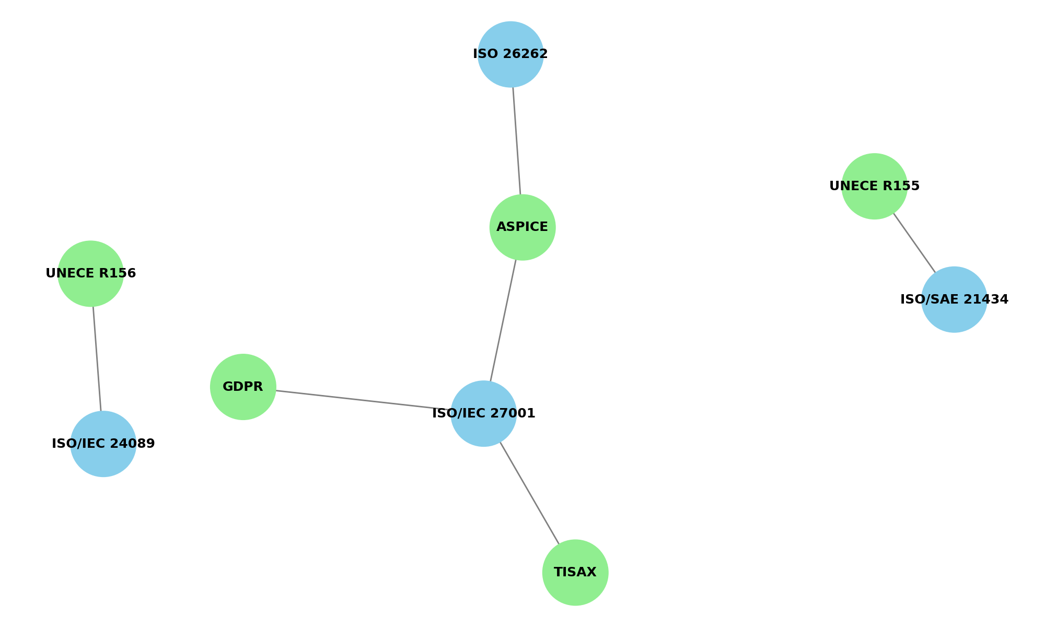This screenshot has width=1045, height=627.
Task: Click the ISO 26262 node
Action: tap(510, 54)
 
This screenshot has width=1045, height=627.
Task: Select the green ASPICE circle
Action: tap(522, 227)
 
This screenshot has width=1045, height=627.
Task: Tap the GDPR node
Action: tap(243, 387)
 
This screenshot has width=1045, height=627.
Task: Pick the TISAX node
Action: tap(575, 573)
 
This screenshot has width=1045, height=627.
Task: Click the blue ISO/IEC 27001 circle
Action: tap(483, 414)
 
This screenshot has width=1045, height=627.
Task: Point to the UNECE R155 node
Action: tap(875, 186)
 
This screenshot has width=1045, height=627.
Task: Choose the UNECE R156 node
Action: tap(90, 273)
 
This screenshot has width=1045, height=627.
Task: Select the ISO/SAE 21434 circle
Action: tap(954, 299)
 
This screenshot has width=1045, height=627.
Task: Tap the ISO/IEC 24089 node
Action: tap(103, 444)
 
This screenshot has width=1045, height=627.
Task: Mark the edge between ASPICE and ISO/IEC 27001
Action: tap(503, 320)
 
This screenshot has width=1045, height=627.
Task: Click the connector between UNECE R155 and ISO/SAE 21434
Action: tap(914, 243)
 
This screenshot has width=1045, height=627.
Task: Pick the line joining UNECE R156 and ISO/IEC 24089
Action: tap(97, 358)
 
